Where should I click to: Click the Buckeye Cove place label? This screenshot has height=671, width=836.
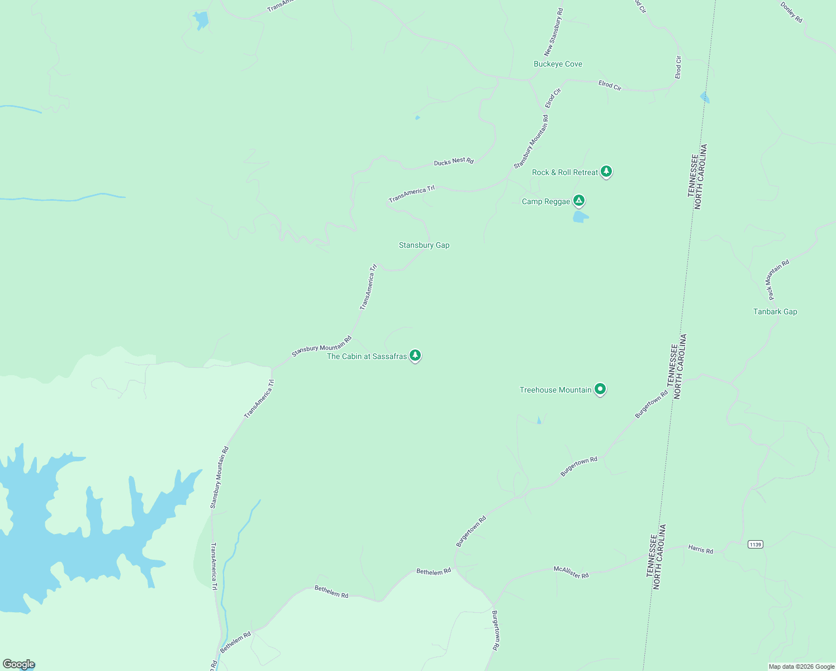coord(558,64)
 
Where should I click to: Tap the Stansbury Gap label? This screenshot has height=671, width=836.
coord(424,245)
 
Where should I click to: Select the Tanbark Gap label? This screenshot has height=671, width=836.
coord(775,312)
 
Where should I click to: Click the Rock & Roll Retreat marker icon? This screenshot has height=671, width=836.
coord(606,172)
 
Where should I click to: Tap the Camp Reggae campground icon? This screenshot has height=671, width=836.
coord(579,200)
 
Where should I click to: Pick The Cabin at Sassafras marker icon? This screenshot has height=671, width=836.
coord(415,355)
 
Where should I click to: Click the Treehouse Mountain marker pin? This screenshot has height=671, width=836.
coord(600,389)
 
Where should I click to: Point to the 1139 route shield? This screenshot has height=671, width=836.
coord(755,544)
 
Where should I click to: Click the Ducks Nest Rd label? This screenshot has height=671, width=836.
coord(454,162)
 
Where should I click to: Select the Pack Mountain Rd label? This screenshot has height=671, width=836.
coord(778,279)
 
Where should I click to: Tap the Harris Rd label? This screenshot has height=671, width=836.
coord(701,550)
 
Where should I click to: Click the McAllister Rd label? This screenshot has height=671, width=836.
coord(571,572)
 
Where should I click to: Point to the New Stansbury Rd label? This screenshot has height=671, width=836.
coord(554,32)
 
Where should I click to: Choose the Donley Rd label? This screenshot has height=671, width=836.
coord(791,13)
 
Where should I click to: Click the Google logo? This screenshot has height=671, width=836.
coord(18,664)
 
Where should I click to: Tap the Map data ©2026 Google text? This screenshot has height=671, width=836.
coord(801,667)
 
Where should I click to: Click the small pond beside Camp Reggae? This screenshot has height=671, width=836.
coord(580,216)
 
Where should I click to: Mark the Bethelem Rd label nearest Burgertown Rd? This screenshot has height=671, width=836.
coord(434,572)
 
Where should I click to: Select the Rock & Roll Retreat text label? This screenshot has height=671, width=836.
coord(565,173)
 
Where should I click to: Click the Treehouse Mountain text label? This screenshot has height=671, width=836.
coord(555,390)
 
